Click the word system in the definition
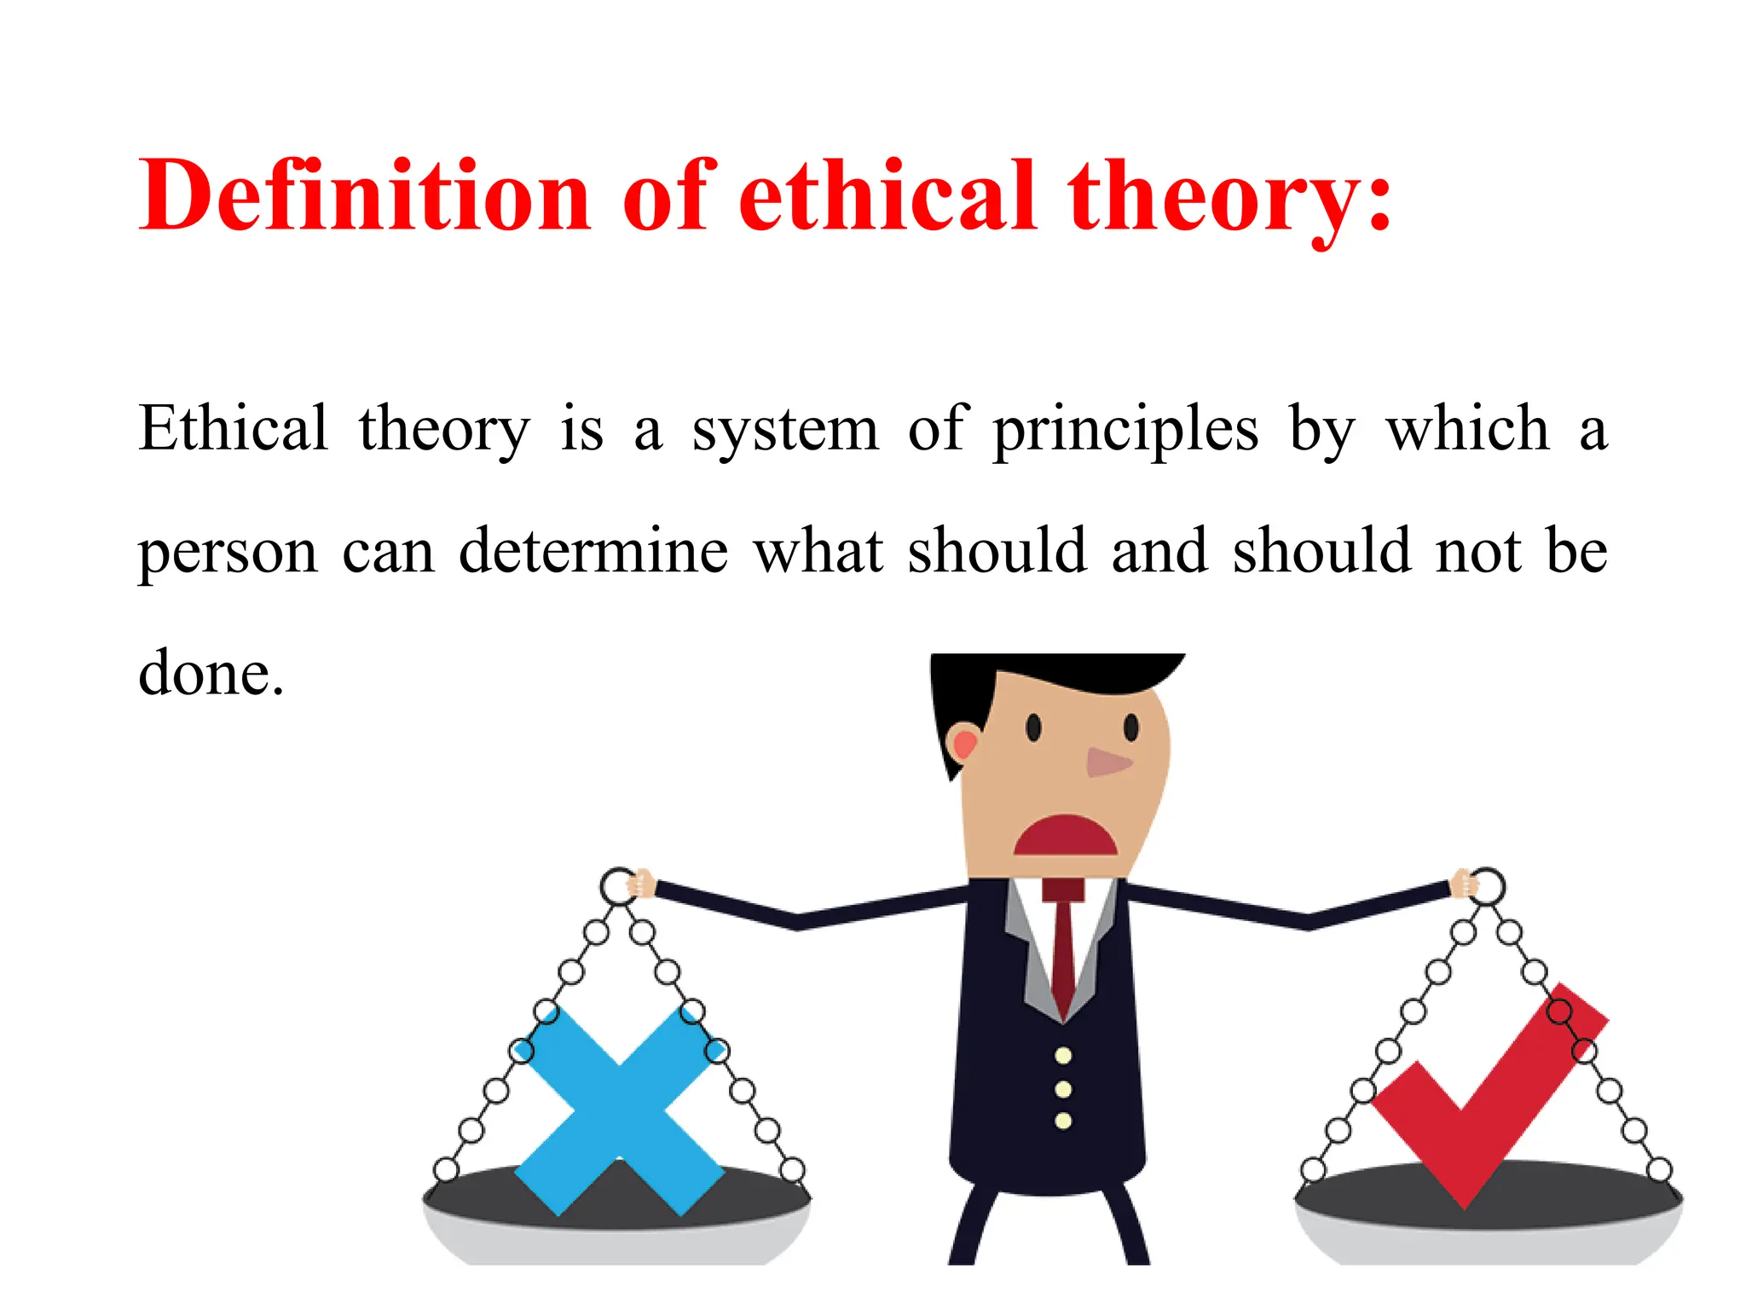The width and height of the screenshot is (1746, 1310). click(784, 431)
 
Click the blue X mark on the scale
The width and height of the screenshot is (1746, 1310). click(620, 1109)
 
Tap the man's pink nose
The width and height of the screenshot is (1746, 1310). click(1107, 762)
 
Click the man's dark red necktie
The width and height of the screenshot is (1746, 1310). click(1063, 947)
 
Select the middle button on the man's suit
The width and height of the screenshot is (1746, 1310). click(1063, 1089)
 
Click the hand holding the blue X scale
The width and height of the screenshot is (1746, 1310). click(640, 884)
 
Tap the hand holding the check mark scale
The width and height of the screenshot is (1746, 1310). click(1464, 884)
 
